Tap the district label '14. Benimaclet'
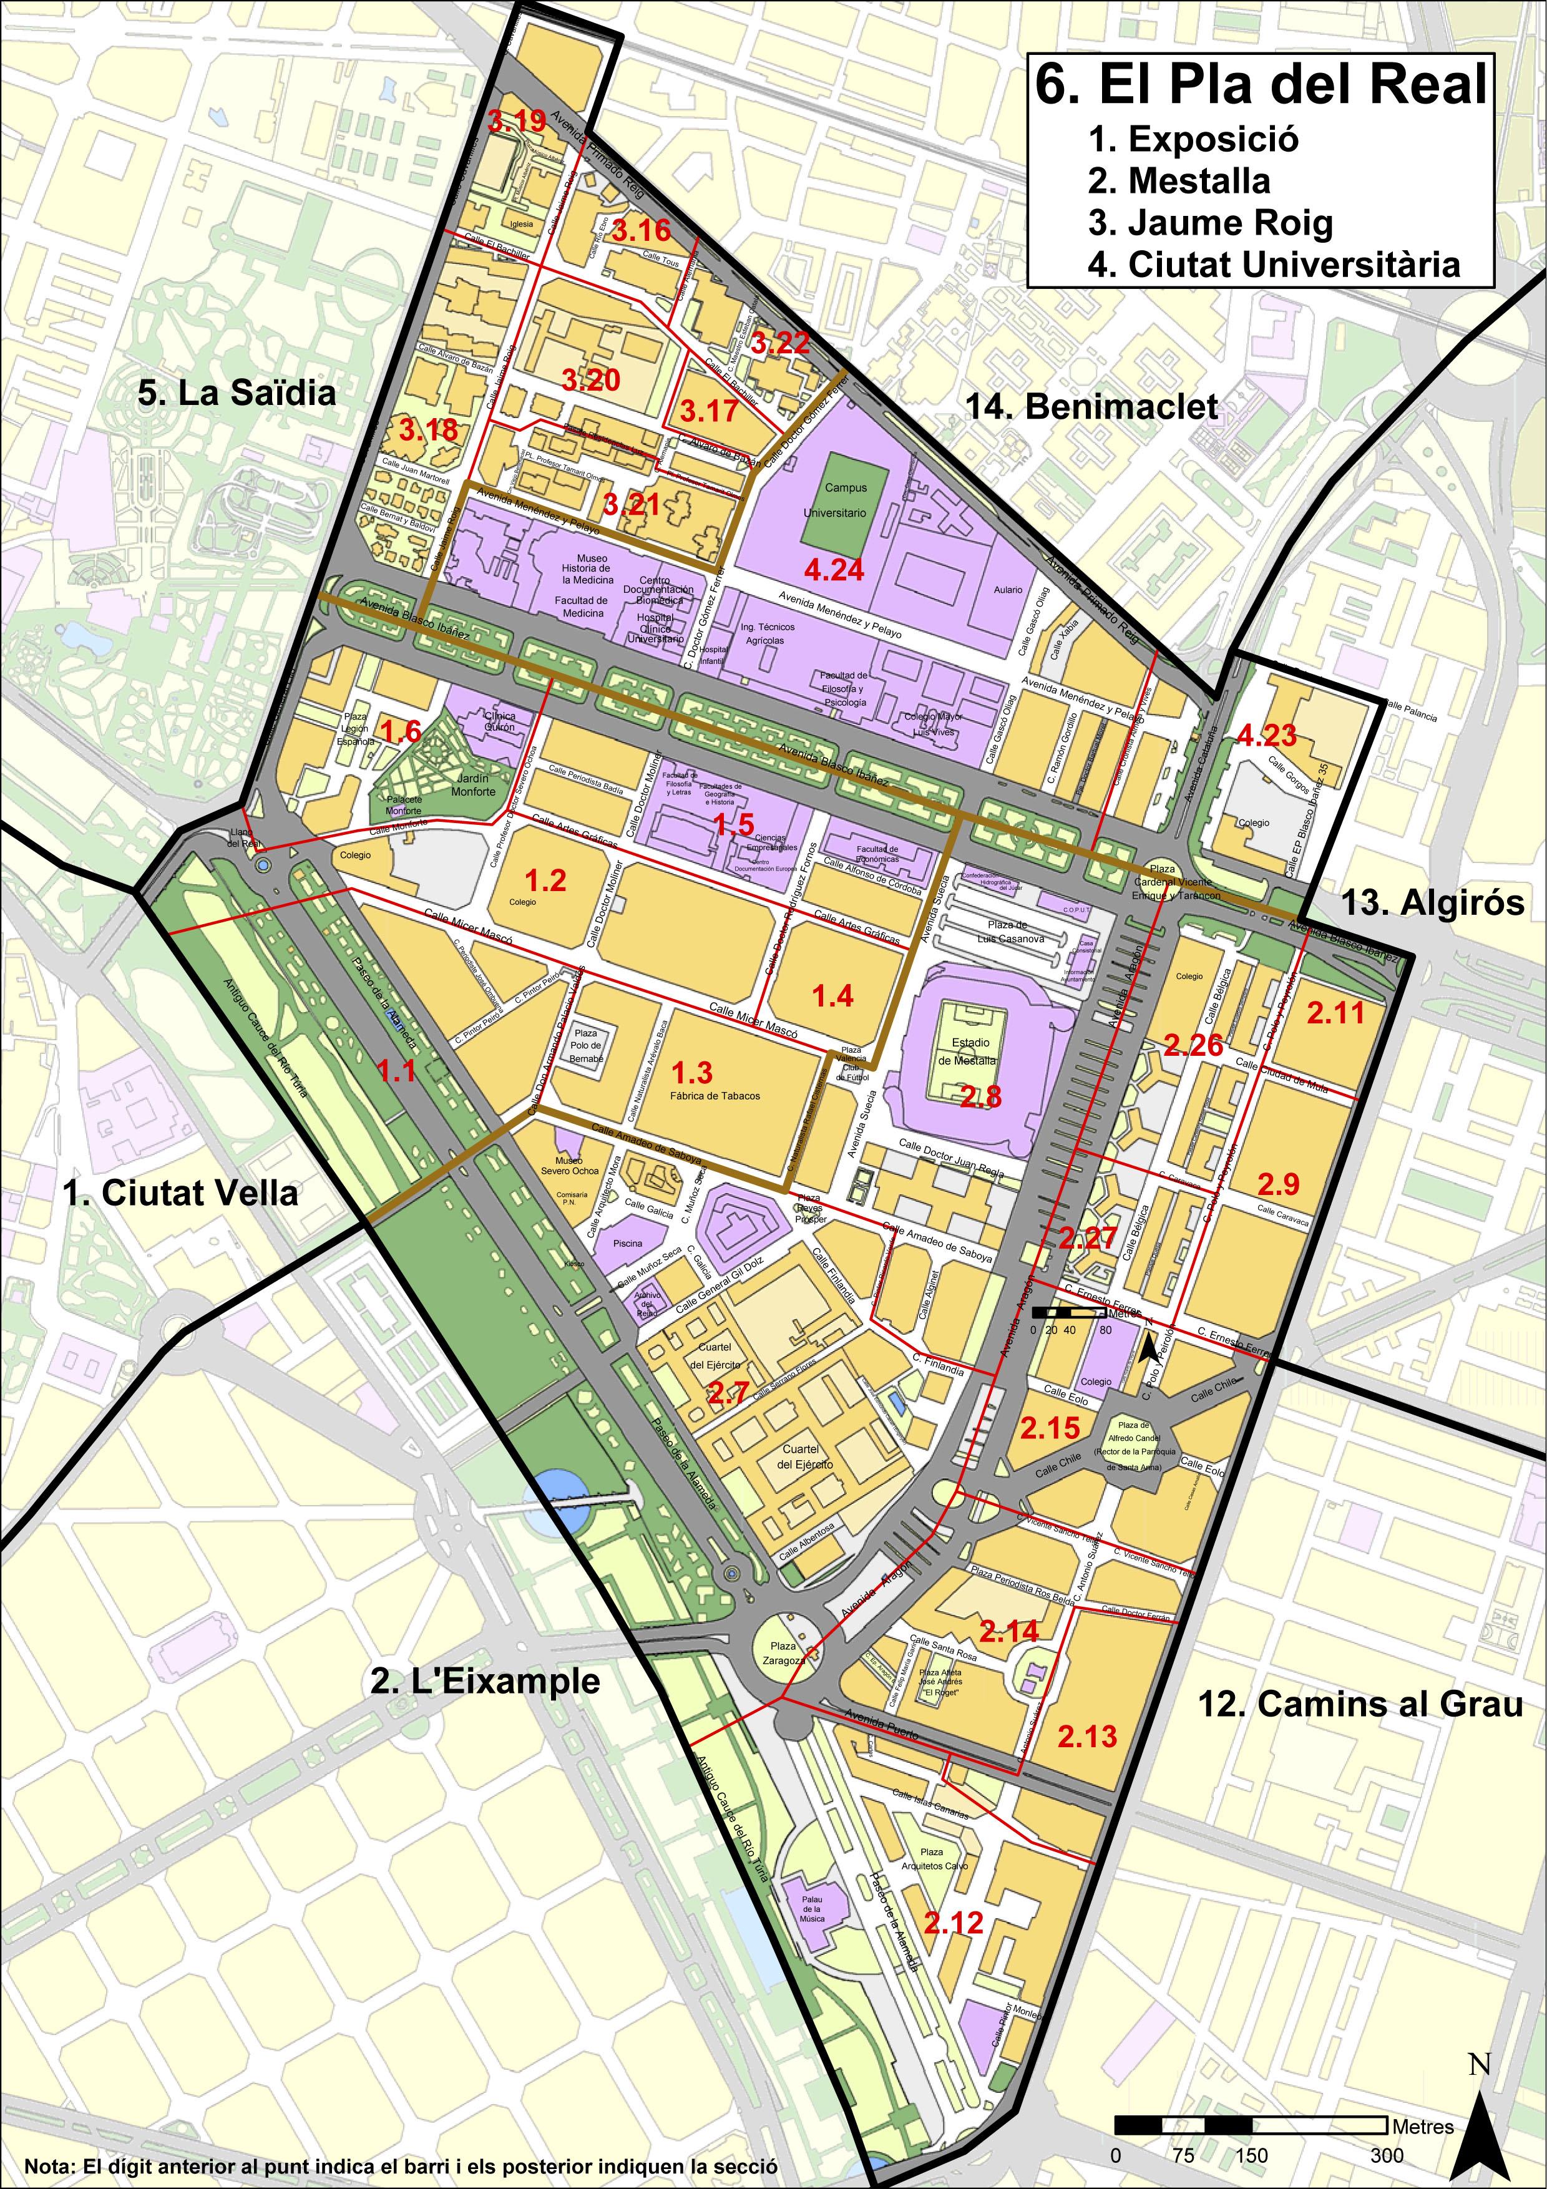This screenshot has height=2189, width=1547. [x=1091, y=407]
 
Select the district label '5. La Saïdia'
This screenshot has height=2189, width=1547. [x=237, y=394]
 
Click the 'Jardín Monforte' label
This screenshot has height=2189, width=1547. [x=473, y=784]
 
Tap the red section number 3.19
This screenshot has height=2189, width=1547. [x=517, y=121]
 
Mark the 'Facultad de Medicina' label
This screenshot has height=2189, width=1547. [x=582, y=607]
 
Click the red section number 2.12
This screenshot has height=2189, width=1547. [x=953, y=1922]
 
